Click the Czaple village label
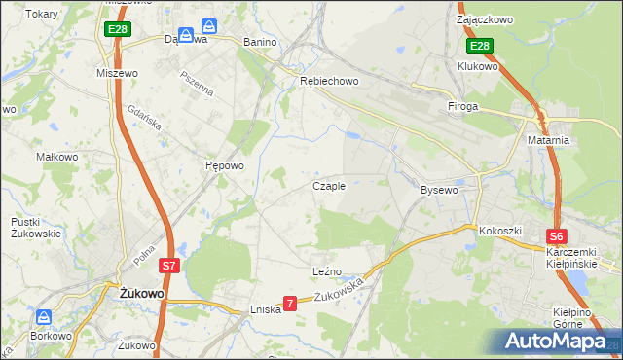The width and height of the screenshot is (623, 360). coord(328,186)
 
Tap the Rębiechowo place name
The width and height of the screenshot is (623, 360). coord(329,81)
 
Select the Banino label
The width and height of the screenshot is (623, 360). coord(260,42)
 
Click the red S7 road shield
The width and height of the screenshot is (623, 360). coord(168,265)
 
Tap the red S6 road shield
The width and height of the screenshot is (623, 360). coord(556,235)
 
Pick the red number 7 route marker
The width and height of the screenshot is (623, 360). coord(289,304)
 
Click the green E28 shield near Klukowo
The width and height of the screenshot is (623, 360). coord(479,47)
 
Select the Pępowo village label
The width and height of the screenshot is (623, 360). coord(224,165)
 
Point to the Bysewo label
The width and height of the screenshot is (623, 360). coord(438,190)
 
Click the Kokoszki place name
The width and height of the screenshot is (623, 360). coord(500,231)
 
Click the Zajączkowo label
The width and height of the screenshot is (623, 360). coord(485,18)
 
